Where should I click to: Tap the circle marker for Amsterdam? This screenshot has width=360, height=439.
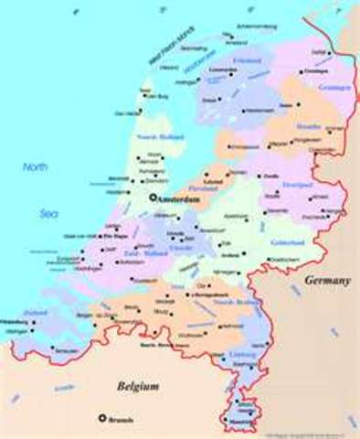click(151, 197)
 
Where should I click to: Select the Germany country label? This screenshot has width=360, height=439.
click(328, 280)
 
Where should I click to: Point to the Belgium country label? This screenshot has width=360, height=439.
click(138, 387)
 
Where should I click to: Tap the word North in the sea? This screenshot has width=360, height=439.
click(37, 167)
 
